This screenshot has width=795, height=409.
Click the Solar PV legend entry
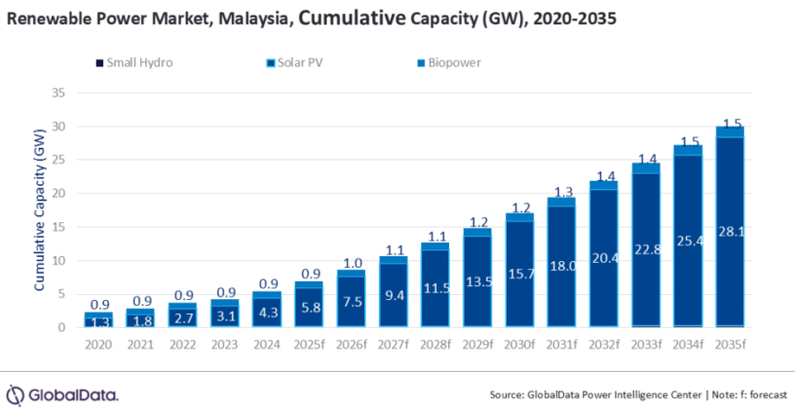(298, 63)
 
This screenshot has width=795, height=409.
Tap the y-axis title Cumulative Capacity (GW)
(40, 209)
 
